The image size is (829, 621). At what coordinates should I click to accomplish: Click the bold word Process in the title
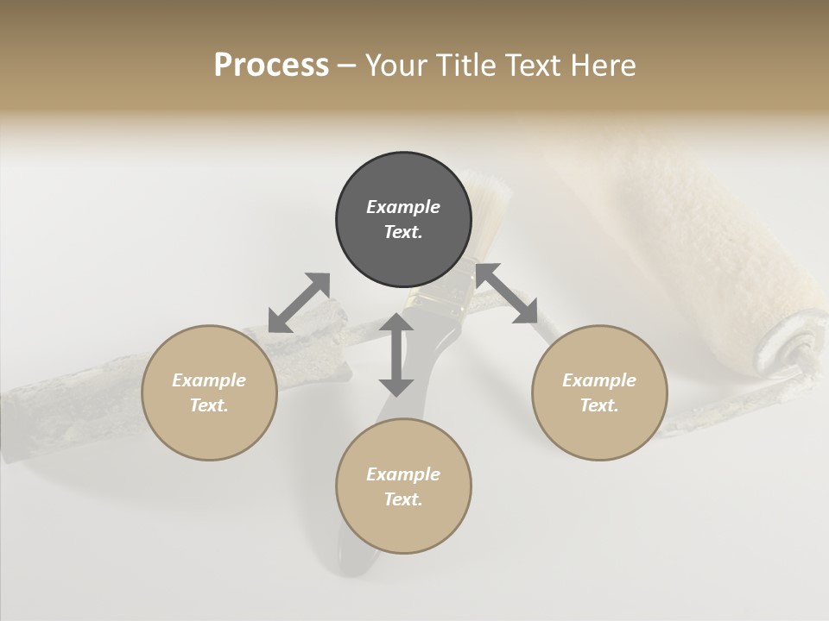(271, 66)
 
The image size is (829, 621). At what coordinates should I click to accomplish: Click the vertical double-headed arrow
(396, 354)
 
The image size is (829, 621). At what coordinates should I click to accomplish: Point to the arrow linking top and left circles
(299, 302)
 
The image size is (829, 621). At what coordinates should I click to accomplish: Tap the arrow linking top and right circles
(507, 293)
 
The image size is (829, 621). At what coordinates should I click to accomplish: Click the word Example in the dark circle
(403, 207)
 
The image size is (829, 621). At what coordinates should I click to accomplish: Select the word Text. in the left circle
(209, 405)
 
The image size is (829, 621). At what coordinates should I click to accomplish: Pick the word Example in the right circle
(599, 380)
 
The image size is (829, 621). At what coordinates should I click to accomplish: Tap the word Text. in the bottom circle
(403, 499)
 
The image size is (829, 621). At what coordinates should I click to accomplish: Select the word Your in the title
(395, 66)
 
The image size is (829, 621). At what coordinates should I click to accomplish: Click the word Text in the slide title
(532, 66)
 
